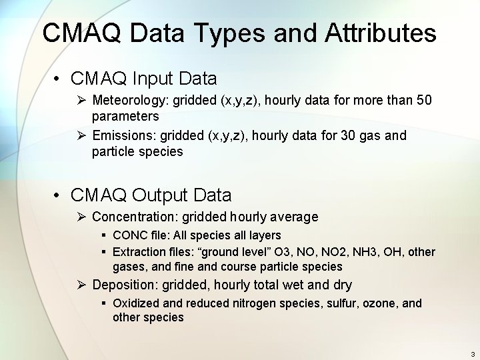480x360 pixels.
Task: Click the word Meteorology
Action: [131, 101]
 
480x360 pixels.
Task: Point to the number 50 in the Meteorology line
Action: [424, 101]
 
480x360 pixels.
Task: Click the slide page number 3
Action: [472, 354]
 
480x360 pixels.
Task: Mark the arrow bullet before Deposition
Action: [81, 285]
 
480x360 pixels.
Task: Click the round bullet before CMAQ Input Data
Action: [59, 79]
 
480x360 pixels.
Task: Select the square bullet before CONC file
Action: [104, 235]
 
